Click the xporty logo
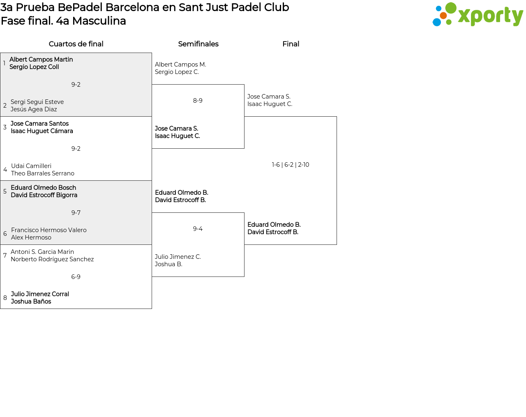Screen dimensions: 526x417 point(478,14)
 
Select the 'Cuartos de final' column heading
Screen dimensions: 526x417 point(76,44)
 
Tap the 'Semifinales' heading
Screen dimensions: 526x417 point(198,44)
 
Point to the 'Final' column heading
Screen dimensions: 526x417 point(291,44)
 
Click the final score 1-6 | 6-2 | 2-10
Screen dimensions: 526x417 point(291,165)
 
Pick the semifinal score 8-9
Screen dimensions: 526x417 point(198,101)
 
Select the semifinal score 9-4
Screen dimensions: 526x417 point(198,229)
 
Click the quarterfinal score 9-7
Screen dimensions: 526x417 point(76,213)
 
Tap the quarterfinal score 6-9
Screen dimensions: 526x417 point(76,276)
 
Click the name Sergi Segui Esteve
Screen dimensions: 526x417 point(37,102)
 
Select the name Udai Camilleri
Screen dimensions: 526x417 point(31,166)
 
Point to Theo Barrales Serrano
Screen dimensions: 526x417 point(42,173)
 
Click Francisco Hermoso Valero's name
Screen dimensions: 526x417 point(48,230)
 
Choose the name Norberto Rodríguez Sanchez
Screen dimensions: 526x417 point(52,259)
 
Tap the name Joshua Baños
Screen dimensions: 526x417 point(31,302)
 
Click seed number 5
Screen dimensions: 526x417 point(5,191)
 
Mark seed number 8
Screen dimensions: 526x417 point(5,298)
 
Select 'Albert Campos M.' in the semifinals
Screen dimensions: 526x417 point(180,65)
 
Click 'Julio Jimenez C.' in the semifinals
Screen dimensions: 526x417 point(178,257)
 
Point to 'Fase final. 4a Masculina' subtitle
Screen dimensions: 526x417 point(63,21)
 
